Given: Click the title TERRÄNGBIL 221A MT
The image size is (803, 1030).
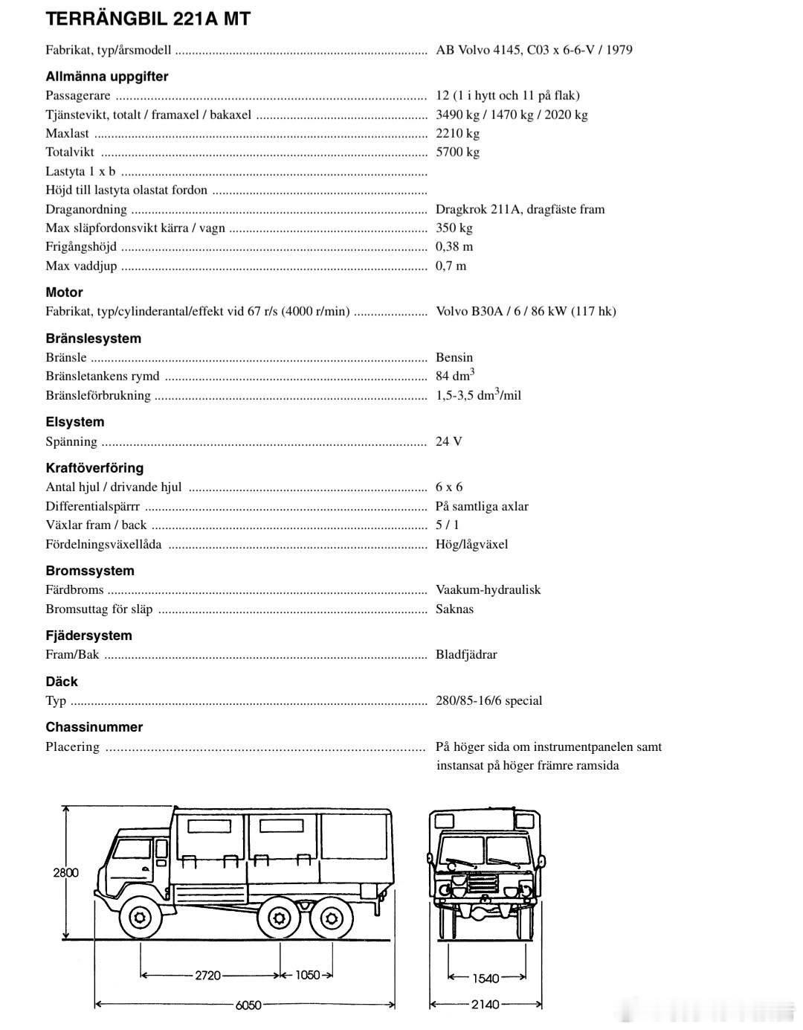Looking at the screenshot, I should tap(148, 19).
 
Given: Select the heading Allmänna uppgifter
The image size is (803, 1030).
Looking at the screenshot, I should tap(107, 77).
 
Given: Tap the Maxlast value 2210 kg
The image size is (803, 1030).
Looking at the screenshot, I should tap(457, 133).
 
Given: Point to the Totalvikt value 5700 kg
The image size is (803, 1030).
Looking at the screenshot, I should tap(457, 152).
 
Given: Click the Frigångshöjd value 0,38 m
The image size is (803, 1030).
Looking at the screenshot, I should tap(454, 246).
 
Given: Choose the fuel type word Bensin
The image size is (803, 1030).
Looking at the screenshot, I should tap(454, 357).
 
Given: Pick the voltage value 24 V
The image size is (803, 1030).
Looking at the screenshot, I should tap(449, 441).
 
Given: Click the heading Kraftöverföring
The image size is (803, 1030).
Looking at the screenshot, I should tap(94, 468).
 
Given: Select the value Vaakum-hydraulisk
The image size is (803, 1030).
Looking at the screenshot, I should tap(488, 589).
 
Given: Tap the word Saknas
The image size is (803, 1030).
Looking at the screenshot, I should tap(454, 609).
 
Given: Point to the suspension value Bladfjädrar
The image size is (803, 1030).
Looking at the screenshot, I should tap(466, 655).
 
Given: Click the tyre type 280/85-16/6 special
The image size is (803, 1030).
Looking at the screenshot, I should tap(488, 700).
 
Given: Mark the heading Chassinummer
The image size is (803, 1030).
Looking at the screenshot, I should tap(94, 727).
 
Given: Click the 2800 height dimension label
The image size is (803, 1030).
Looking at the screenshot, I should tap(65, 872).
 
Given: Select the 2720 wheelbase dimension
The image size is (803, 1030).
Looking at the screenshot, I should tap(208, 975).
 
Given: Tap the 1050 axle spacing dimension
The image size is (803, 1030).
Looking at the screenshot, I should tap(307, 975).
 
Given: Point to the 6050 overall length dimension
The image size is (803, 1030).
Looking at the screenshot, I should tap(248, 1005).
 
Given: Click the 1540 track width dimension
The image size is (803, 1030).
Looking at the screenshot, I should tap(486, 978).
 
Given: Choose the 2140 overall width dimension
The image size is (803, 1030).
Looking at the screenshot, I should tap(486, 1005).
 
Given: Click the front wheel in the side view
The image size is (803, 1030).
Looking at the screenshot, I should tap(138, 917).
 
